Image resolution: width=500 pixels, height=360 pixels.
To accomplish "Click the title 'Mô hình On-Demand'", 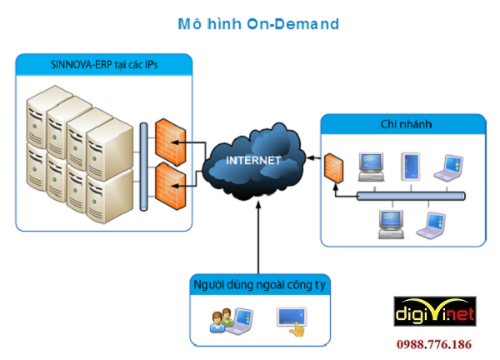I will coord(259,24).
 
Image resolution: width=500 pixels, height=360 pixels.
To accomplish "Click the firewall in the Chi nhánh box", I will coord(335,169).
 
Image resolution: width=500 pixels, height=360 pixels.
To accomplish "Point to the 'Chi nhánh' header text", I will coord(403,125).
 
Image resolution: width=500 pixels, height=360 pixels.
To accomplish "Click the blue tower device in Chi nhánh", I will coord(412,167).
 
